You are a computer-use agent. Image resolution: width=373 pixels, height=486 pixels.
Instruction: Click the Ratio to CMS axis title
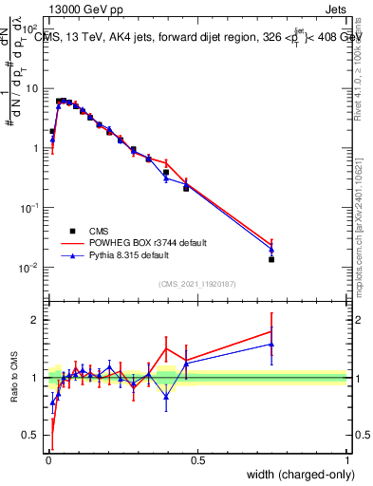[15, 379]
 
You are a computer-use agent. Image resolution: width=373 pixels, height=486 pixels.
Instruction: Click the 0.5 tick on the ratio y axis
[32, 437]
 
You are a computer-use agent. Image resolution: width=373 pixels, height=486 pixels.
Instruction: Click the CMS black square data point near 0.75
[271, 259]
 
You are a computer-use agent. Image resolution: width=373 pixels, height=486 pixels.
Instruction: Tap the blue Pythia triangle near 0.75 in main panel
[271, 250]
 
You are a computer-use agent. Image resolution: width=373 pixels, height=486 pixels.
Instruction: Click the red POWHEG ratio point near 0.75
[271, 331]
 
